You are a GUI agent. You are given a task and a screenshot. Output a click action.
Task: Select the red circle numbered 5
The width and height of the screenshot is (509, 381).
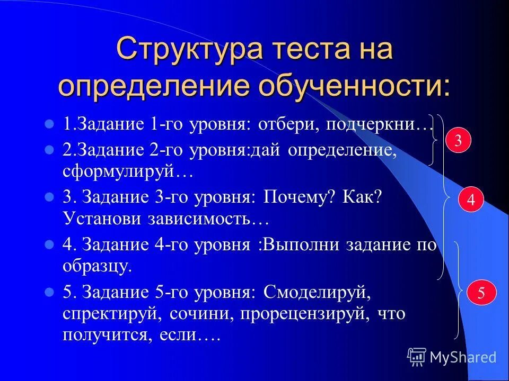tap(481, 294)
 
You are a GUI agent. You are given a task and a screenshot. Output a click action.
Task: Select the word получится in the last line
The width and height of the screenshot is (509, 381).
tap(104, 335)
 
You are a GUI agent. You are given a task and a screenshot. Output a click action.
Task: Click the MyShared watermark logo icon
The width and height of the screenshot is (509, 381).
tap(417, 357)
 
